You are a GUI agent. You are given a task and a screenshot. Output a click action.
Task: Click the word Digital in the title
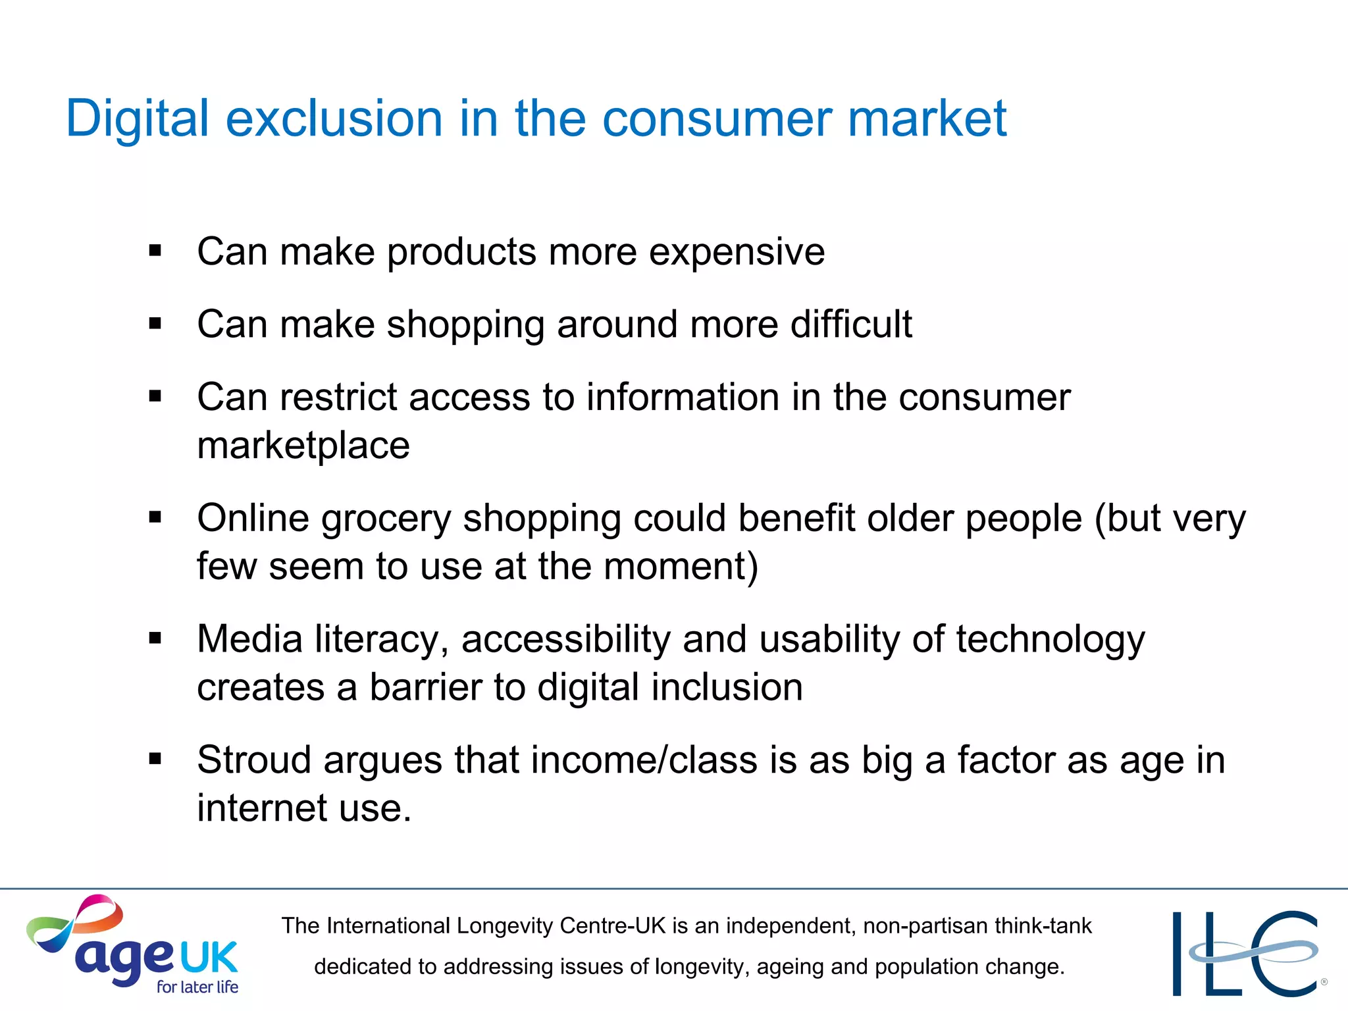137,119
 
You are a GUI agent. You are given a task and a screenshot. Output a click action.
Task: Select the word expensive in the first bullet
737,252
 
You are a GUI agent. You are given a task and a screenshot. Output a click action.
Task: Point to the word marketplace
303,446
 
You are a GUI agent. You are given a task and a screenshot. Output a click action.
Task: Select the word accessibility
565,639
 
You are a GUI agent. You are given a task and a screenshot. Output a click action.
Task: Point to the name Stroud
254,760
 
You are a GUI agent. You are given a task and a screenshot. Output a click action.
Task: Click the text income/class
644,760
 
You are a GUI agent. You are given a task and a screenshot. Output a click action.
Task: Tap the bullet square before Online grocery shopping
155,517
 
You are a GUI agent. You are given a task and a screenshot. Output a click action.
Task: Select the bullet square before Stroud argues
155,760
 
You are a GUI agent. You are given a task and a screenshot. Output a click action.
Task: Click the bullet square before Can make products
155,251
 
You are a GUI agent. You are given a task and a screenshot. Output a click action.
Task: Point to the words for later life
197,987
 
